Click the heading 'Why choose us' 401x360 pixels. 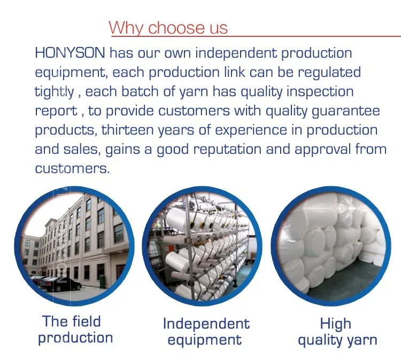[x=168, y=28]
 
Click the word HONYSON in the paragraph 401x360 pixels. [x=70, y=53]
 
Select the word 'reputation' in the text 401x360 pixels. [x=227, y=149]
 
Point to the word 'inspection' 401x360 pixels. [x=320, y=92]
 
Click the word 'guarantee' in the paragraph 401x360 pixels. [x=346, y=111]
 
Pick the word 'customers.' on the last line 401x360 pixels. [x=72, y=169]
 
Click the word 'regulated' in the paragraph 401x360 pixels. [x=329, y=72]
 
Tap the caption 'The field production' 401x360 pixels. [x=75, y=330]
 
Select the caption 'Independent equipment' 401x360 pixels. [x=206, y=332]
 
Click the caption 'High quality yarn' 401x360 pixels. [x=337, y=332]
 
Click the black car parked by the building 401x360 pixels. [x=60, y=284]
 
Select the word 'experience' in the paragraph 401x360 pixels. [x=251, y=130]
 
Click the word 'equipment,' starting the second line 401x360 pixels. [x=70, y=73]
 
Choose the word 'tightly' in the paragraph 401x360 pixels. [x=54, y=92]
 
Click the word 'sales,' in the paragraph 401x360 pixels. [x=82, y=150]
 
